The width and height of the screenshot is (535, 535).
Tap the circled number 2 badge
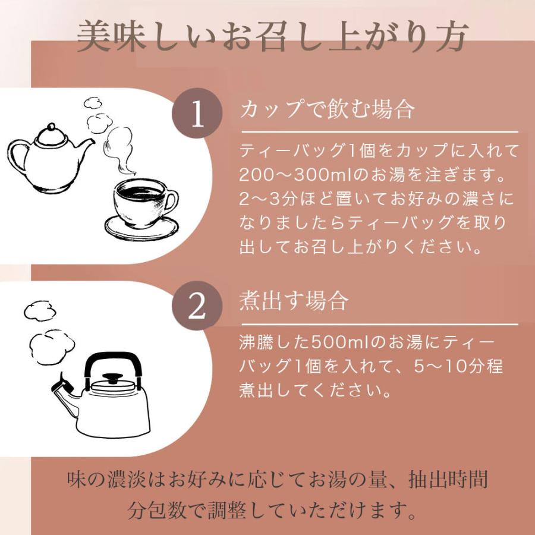point(197,306)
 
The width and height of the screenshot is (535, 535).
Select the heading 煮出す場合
point(293,301)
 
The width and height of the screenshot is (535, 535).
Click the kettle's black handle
point(113,362)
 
